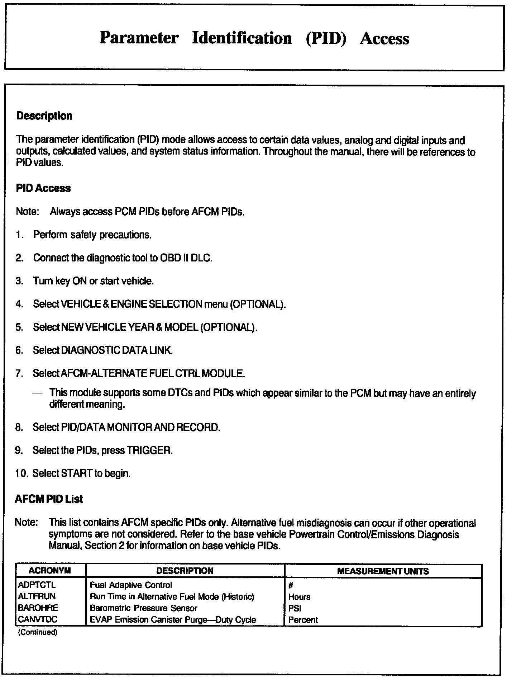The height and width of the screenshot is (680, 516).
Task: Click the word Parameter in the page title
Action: tap(139, 38)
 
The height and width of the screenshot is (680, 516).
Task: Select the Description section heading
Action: tap(44, 116)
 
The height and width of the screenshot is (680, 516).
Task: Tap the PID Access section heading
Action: tap(43, 188)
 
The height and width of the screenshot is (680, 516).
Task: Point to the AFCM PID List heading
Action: tap(49, 499)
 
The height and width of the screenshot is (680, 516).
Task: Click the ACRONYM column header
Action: tap(50, 571)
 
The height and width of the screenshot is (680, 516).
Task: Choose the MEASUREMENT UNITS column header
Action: tap(383, 571)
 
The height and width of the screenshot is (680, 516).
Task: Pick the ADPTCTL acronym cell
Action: tap(37, 585)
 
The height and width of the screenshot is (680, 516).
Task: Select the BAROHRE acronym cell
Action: tap(38, 608)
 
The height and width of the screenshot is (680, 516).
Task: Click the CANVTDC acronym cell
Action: tap(37, 619)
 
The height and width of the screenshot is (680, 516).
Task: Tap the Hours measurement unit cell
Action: tap(299, 597)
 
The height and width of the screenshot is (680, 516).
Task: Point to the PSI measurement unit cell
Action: tap(295, 608)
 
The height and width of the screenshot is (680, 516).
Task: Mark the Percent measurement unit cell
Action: tap(303, 620)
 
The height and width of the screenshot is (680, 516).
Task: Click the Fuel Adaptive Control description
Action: tap(131, 585)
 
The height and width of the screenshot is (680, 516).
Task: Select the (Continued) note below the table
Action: tap(38, 632)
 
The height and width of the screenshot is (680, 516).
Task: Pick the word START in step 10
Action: tap(77, 473)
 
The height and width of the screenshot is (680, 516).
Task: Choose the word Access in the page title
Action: tap(384, 38)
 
